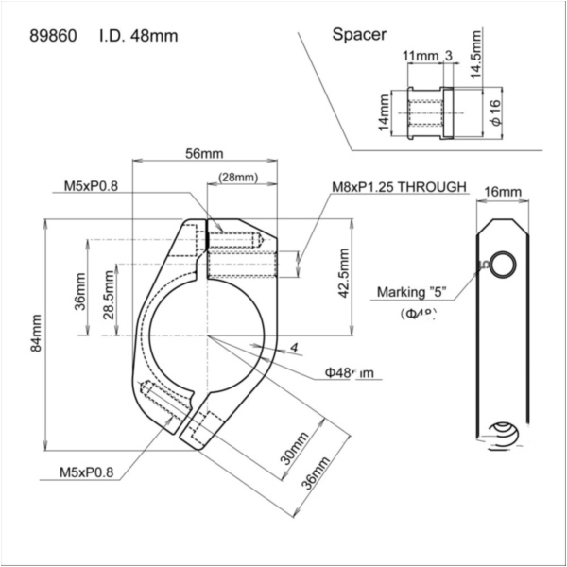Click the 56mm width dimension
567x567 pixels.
pyautogui.click(x=204, y=153)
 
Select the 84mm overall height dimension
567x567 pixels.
pyautogui.click(x=37, y=334)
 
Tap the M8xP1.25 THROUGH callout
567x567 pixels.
pyautogui.click(x=399, y=187)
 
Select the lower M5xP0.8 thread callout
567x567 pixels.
pyautogui.click(x=92, y=470)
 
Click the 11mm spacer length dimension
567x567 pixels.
pyautogui.click(x=421, y=56)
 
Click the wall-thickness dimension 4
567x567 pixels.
pyautogui.click(x=295, y=348)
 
